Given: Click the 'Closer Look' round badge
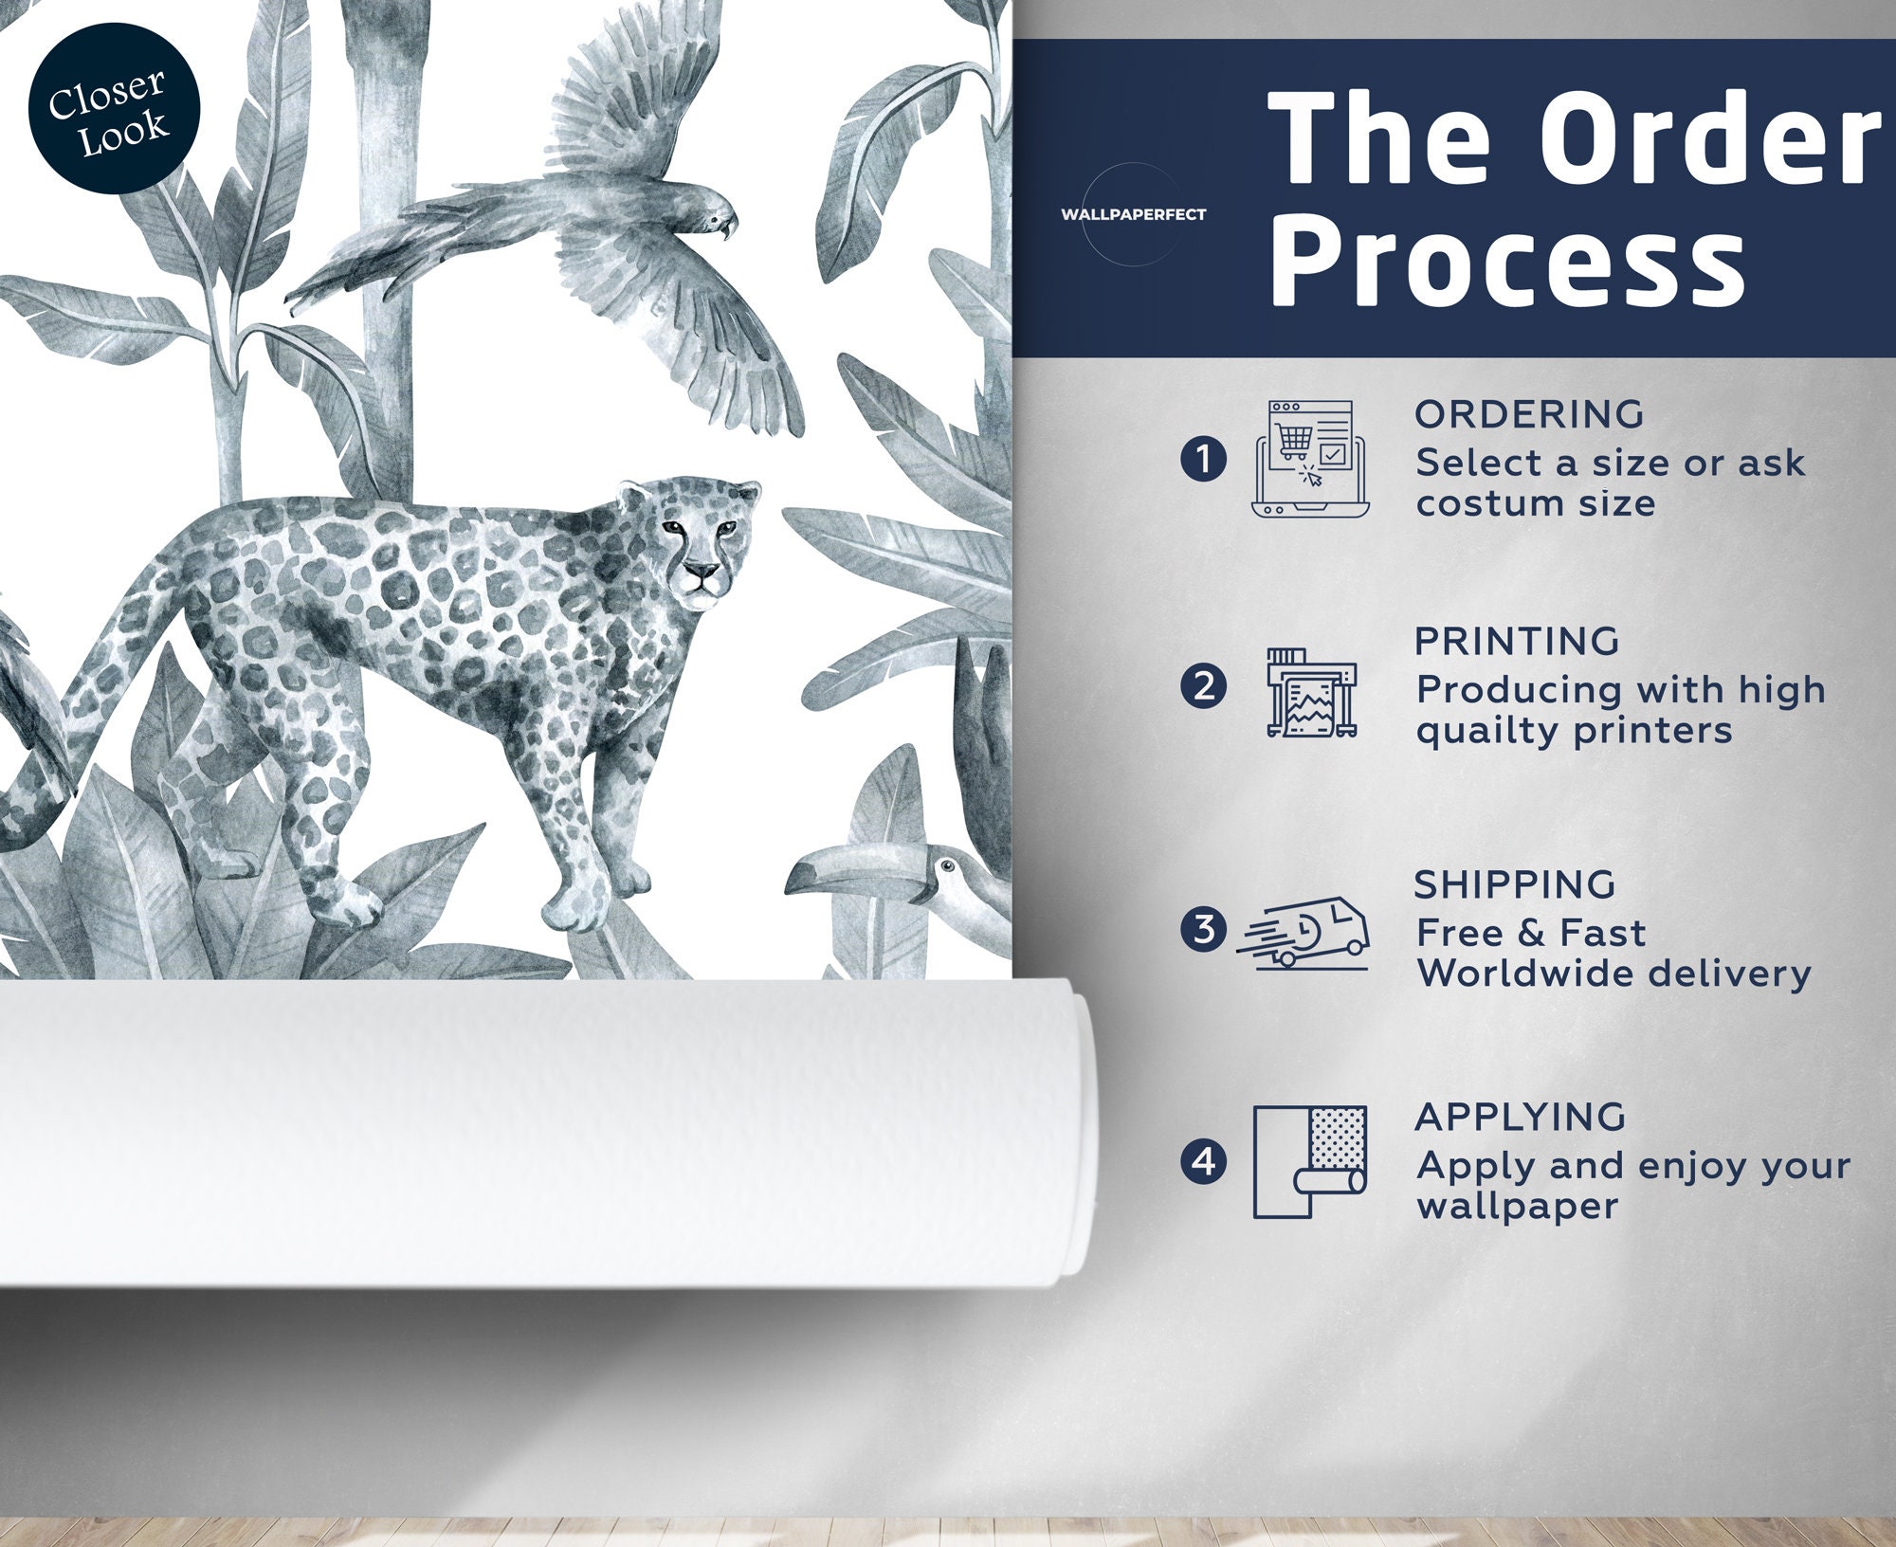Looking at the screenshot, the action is tap(114, 109).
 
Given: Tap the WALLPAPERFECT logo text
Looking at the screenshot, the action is tap(1133, 215).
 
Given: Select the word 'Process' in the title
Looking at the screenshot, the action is tap(1508, 260).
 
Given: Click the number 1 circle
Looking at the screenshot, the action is tap(1204, 460).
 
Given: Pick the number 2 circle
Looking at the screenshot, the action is tap(1204, 686).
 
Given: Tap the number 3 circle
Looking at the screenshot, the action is tap(1204, 930).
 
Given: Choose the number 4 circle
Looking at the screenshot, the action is tap(1204, 1161).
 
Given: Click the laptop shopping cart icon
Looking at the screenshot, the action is tap(1311, 460).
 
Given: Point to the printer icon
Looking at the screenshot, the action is tap(1312, 693).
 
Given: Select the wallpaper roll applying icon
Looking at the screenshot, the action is tap(1310, 1161).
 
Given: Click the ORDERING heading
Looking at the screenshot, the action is tap(1529, 414).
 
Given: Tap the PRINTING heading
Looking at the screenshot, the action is tap(1517, 642).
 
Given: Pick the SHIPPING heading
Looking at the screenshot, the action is tap(1514, 884).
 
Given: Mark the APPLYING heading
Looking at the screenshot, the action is tap(1520, 1117).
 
